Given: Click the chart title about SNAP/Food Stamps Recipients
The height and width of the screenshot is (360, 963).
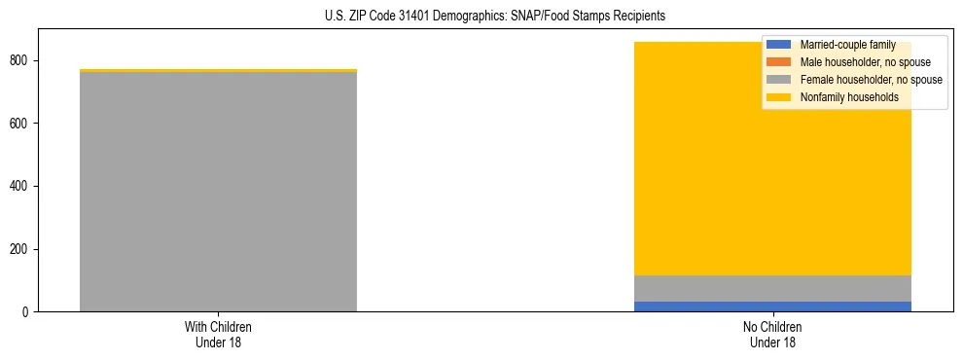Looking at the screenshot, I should point(481,17).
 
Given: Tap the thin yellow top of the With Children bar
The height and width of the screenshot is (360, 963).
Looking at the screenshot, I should point(218,70).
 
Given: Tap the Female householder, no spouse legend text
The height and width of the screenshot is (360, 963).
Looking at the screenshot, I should point(870,80).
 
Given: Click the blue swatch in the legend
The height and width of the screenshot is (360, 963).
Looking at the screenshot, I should point(779,45).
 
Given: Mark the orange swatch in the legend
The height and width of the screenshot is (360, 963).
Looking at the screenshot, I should point(779,62).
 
